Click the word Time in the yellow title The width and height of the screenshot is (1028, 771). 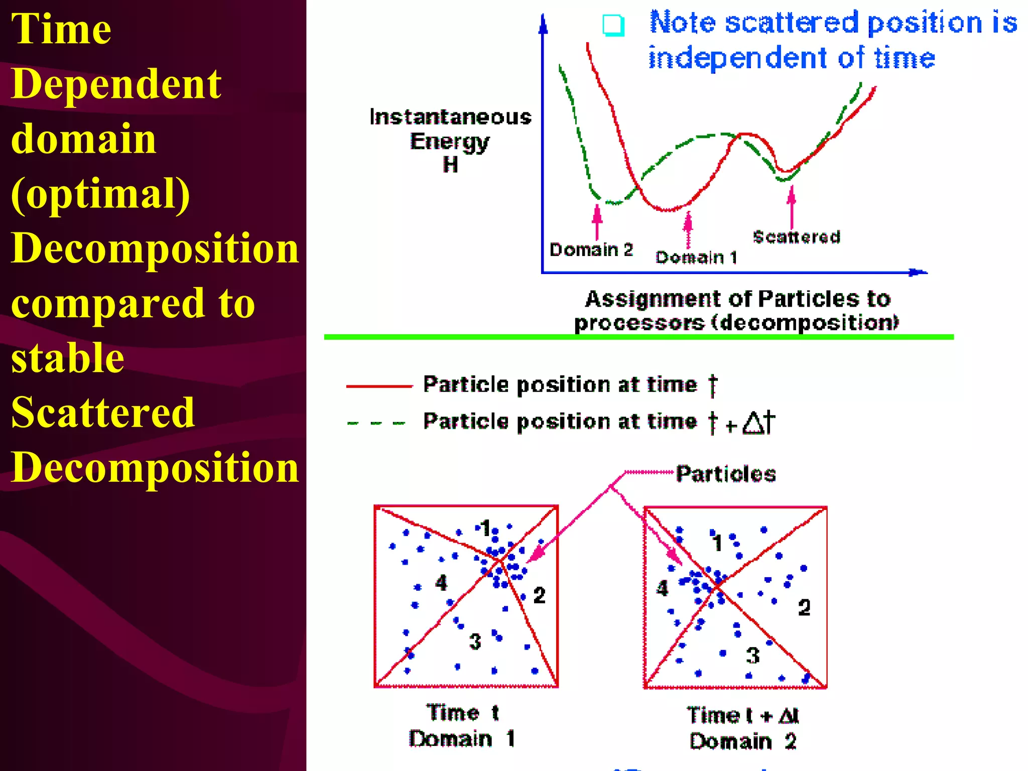[61, 29]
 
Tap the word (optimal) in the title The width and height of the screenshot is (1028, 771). [100, 194]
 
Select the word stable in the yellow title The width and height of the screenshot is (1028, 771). [68, 358]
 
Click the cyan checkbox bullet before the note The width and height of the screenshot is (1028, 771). [613, 25]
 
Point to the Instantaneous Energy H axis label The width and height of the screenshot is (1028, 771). [450, 141]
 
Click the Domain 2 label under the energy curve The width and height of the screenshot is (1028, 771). [591, 249]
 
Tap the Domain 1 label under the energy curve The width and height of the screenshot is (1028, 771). [696, 258]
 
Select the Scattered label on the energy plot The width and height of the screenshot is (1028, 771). [797, 236]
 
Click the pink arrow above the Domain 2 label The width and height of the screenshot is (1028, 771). [597, 221]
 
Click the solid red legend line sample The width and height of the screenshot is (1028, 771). [379, 386]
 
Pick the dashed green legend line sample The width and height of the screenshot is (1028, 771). [376, 423]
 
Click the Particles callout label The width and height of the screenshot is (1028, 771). [726, 473]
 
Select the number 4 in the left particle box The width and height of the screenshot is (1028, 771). [441, 583]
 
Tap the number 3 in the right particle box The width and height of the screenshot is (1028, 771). [752, 655]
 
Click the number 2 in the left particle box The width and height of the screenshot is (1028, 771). [539, 595]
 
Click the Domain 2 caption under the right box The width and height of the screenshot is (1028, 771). [743, 741]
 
